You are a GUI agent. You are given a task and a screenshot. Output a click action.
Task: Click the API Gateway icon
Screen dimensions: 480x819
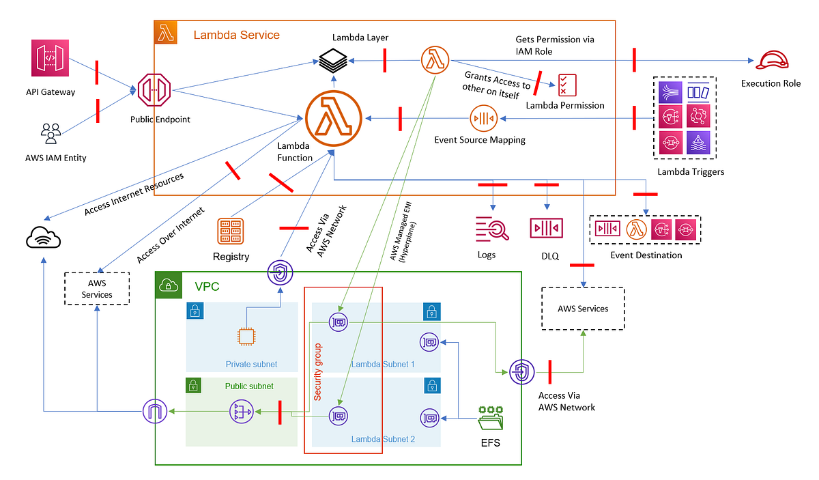pos(51,59)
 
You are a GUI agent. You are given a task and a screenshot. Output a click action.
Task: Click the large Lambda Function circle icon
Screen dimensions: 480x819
pos(333,117)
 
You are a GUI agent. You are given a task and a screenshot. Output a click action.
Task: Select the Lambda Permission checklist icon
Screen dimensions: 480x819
pos(567,85)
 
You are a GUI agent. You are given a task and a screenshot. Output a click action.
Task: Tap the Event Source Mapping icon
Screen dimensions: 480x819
pos(483,118)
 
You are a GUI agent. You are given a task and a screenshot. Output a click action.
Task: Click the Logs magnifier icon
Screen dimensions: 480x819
pos(493,229)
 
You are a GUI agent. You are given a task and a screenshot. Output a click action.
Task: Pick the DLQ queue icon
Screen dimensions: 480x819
pos(546,227)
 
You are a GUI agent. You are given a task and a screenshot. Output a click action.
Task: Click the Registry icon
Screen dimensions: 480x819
pos(231,231)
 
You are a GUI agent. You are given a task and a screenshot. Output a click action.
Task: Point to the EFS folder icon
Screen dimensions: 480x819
pos(490,417)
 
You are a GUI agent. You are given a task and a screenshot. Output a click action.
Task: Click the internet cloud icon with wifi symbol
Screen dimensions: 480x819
pos(43,237)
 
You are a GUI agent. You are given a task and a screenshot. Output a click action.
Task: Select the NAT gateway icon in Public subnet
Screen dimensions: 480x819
pos(241,412)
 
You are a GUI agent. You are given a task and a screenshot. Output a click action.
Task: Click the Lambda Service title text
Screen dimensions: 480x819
pos(236,35)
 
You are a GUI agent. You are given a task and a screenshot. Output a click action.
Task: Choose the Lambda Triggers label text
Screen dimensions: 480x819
pos(690,171)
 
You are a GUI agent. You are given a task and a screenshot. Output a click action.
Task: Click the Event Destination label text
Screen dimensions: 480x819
pos(646,255)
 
